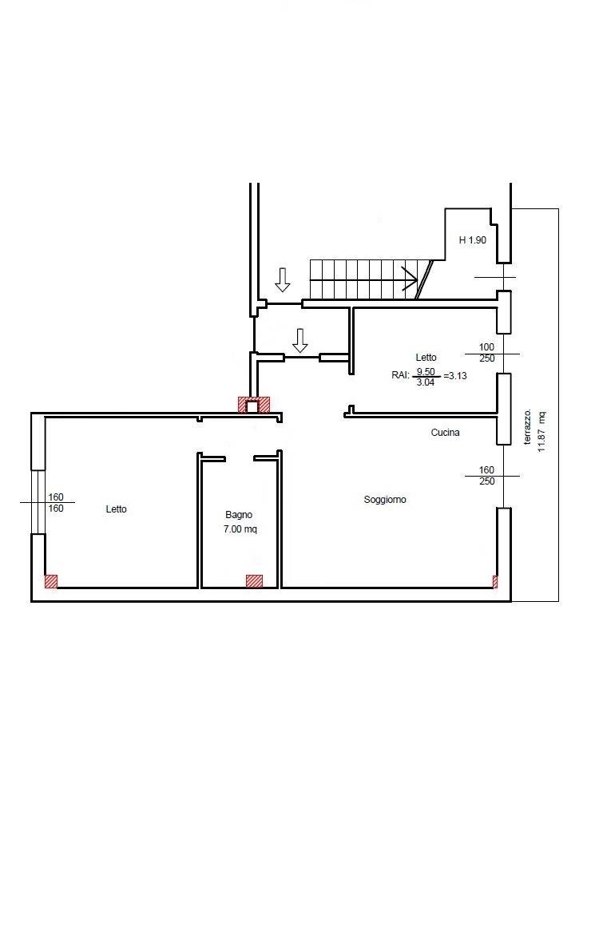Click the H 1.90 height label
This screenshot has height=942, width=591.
[473, 239]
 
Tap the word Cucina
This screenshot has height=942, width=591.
[445, 432]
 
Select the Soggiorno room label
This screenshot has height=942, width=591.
[385, 499]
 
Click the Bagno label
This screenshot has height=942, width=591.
[239, 515]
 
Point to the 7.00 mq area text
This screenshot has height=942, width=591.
[240, 529]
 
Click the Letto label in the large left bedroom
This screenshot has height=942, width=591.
[116, 509]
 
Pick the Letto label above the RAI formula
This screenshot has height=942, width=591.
[426, 358]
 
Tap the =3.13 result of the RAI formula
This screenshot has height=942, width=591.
[455, 376]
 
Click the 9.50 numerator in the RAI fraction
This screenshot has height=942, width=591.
[426, 372]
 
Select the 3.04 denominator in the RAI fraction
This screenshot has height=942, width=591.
[425, 382]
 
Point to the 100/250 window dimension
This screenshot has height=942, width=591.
[486, 353]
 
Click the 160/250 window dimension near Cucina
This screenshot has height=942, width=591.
[486, 476]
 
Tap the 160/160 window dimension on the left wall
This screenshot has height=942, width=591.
[56, 503]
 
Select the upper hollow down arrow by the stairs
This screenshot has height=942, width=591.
[282, 280]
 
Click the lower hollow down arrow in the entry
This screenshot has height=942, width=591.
[300, 341]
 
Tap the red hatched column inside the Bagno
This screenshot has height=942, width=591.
[254, 581]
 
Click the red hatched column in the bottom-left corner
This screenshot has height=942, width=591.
[51, 581]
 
